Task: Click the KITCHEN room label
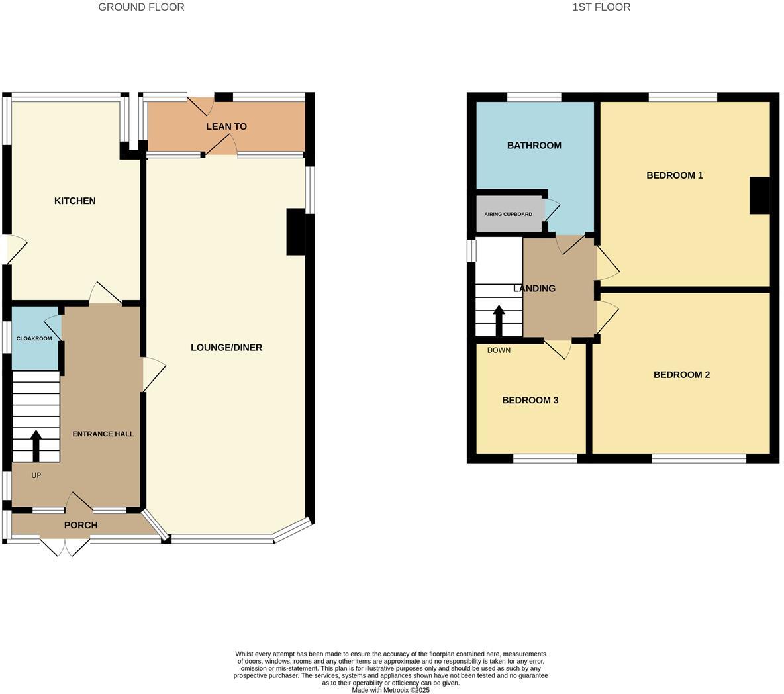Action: coord(75,201)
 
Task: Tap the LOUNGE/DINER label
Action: coord(226,348)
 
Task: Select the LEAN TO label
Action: coord(226,126)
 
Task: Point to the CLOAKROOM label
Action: coord(34,338)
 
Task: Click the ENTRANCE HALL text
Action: coord(103,434)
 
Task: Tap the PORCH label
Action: coord(81,525)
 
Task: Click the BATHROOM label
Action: coord(534,146)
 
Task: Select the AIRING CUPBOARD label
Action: coord(508,215)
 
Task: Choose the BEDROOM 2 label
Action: coord(681,375)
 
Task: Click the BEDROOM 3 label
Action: coord(530,400)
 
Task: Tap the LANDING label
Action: coord(534,289)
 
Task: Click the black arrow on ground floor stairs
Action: coord(36,446)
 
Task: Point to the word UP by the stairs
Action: coord(36,475)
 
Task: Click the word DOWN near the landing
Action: coord(499,350)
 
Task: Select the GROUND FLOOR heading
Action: coord(141,7)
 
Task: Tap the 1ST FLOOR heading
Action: coord(601,7)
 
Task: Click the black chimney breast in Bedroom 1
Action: coord(759,195)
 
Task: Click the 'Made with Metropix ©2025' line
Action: coord(391,690)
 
